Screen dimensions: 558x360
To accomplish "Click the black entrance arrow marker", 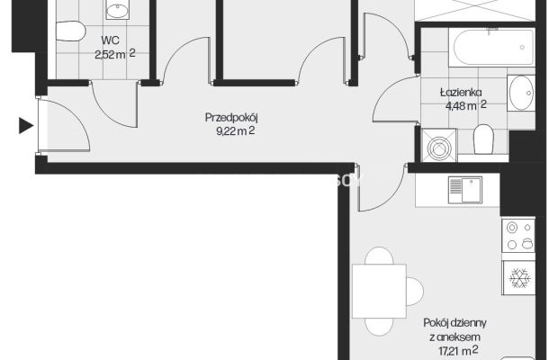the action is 25,126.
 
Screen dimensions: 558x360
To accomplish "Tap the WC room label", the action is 110,40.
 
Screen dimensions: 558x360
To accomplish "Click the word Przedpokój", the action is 231,118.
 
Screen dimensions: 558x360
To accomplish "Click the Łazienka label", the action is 461,93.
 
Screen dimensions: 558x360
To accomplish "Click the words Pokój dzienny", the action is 454,323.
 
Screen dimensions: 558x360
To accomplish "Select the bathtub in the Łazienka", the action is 491,48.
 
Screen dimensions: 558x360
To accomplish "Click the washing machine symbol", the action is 439,146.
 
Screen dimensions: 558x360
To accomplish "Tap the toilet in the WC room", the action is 71,31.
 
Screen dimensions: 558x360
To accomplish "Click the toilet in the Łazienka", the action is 483,139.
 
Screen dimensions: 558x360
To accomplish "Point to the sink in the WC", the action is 117,10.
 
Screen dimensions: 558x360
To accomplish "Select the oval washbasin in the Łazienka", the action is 521,93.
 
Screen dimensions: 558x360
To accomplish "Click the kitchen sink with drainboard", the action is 465,190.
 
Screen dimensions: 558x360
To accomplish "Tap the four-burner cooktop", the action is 518,236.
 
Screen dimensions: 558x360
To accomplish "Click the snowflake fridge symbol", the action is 519,278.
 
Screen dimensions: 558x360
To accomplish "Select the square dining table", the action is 380,291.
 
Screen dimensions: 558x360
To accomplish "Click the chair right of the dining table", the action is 415,292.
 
